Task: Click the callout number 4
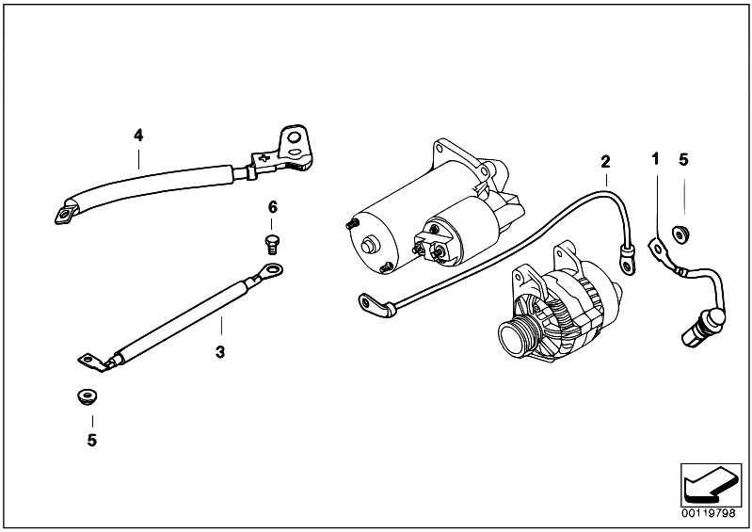click(138, 136)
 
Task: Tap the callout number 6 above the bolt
click(272, 207)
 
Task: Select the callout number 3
click(219, 352)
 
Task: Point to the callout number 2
click(606, 160)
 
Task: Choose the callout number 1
click(655, 160)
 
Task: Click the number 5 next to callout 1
click(683, 160)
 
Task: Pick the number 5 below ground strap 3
click(92, 439)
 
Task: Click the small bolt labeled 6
click(272, 244)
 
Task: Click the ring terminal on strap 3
click(268, 274)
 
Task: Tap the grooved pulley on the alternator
click(520, 335)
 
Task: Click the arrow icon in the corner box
click(707, 487)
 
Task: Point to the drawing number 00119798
click(708, 514)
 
